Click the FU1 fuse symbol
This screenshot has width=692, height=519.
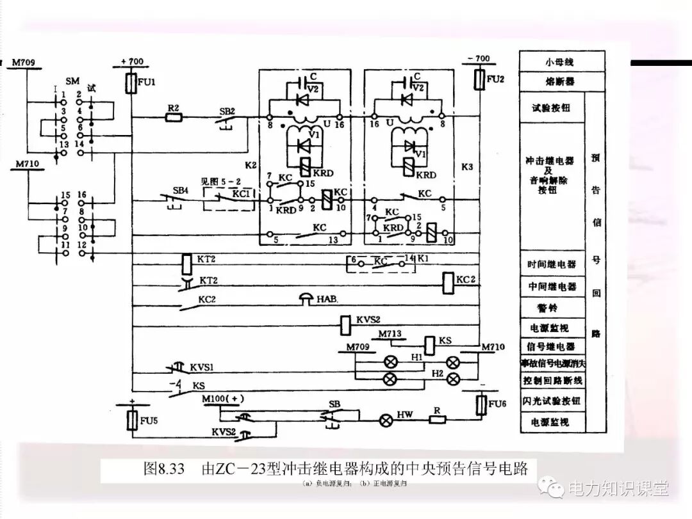tap(131, 83)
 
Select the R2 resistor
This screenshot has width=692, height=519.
tap(173, 117)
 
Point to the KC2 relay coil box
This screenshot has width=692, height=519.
tap(447, 280)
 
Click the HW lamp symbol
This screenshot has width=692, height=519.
tap(386, 420)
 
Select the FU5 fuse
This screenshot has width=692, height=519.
tap(131, 420)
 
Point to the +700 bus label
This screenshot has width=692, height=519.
tap(131, 62)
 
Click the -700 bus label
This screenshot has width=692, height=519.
tap(478, 59)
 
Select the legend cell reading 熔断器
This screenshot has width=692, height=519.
tap(560, 82)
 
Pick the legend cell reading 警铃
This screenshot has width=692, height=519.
tap(552, 308)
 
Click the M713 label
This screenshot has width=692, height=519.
tap(390, 334)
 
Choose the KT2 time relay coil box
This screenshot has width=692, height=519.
tap(186, 262)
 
